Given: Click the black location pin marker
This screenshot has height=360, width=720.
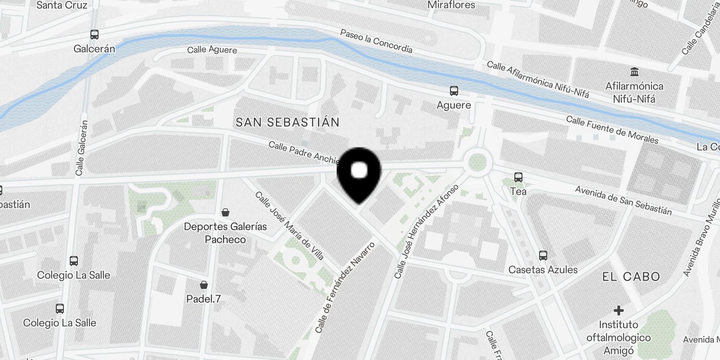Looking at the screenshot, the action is (x=359, y=173).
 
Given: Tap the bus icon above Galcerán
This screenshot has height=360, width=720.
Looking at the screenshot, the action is (x=94, y=35).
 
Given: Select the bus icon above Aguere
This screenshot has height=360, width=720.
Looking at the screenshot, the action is (x=454, y=91).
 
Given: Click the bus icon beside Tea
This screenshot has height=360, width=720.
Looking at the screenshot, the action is (x=518, y=177).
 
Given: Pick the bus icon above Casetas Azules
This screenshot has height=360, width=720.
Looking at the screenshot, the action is (x=543, y=256).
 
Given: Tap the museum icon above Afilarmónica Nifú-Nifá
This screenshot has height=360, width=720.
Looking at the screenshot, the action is (x=634, y=72).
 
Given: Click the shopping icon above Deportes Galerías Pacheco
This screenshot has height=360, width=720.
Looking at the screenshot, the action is (x=225, y=212).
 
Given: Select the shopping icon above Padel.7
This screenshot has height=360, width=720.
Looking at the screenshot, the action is (x=204, y=284).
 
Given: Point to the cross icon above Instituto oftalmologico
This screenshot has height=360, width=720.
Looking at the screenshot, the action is (x=619, y=310).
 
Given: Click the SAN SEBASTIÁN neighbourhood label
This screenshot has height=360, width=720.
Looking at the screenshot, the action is (x=288, y=122).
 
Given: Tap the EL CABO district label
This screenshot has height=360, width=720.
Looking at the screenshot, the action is (x=631, y=276).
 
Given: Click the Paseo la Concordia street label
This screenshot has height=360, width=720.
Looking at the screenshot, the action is (x=376, y=41).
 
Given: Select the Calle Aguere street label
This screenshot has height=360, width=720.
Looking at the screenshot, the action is (x=212, y=49).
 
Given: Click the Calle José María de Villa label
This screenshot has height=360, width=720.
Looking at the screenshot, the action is (x=289, y=225).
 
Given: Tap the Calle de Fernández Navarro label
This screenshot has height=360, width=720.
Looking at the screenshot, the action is (x=345, y=288).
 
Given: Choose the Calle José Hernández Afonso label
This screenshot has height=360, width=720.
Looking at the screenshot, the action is (x=426, y=231).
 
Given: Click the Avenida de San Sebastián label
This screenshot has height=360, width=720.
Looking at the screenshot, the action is (x=623, y=200).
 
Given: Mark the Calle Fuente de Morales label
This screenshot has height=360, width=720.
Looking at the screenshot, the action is (x=612, y=130).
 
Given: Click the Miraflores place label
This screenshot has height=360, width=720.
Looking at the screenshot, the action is (x=451, y=5).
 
